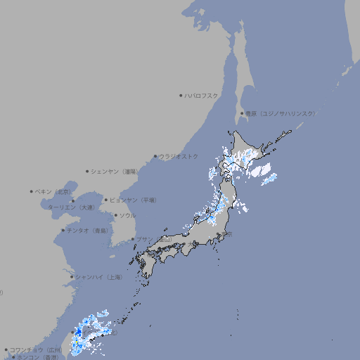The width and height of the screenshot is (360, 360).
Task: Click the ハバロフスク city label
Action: click(x=202, y=96)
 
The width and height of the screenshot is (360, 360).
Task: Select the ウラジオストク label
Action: click(x=179, y=156)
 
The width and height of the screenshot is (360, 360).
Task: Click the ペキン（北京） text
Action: click(x=54, y=191)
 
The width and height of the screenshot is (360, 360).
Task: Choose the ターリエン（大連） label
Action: click(x=71, y=207)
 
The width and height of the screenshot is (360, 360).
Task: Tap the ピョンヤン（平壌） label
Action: click(x=134, y=200)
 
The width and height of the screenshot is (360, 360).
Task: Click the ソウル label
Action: click(x=127, y=216)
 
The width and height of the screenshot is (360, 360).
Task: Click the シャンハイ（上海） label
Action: click(x=99, y=277)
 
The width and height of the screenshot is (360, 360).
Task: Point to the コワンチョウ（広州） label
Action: click(x=36, y=349)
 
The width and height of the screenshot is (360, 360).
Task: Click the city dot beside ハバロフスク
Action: click(x=181, y=96)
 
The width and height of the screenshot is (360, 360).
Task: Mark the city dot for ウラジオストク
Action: click(x=155, y=156)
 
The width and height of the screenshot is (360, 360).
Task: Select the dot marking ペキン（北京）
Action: click(x=31, y=191)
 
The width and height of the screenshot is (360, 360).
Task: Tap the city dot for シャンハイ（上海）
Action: click(x=72, y=277)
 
